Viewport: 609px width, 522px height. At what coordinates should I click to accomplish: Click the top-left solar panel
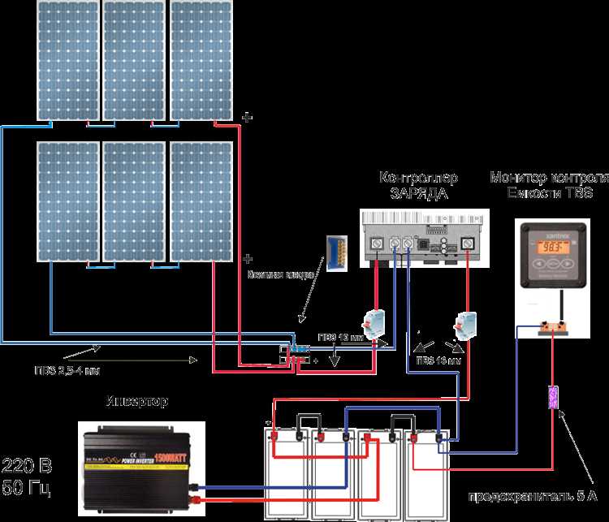pos(67,61)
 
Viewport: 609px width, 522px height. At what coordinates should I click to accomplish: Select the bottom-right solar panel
pos(202,201)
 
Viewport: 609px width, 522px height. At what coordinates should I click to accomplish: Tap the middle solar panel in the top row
pos(135,61)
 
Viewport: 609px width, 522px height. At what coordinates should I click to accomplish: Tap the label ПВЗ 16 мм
pos(438,359)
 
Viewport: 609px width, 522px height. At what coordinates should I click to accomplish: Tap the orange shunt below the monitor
pos(552,329)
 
